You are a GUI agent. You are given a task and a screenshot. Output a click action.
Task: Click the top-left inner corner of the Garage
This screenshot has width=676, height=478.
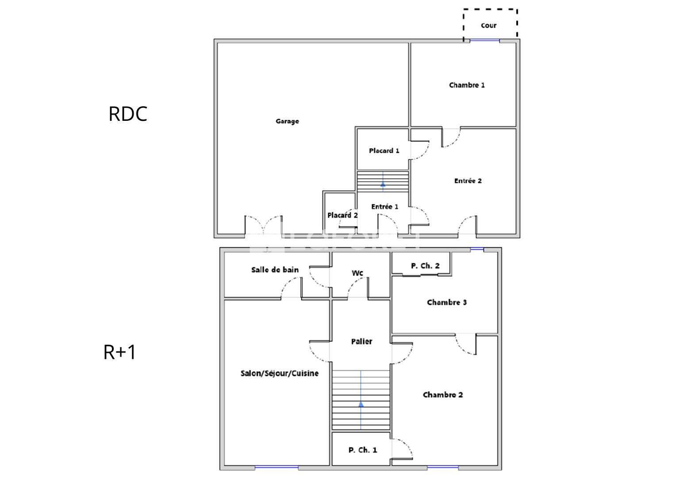[x=218, y=43]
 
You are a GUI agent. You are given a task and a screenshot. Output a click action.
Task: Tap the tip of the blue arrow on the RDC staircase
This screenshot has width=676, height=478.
[x=383, y=182]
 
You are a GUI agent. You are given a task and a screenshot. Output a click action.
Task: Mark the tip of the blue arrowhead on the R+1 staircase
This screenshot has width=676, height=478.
[x=361, y=401]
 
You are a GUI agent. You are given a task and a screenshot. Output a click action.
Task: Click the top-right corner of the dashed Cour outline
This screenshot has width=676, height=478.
[x=517, y=9]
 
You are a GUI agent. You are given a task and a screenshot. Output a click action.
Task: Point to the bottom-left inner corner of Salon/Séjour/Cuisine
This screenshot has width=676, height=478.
[x=225, y=465]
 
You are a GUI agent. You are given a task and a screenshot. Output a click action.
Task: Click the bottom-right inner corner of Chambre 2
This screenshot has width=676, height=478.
[x=497, y=465]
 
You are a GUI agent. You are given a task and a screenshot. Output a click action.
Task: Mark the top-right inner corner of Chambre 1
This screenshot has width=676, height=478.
[x=516, y=43]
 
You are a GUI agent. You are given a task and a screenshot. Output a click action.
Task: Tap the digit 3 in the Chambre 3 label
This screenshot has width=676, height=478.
[x=465, y=302]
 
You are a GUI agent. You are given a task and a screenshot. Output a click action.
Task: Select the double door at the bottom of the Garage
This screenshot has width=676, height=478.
[x=264, y=225]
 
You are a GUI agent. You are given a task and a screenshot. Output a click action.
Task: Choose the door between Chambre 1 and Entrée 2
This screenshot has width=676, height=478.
[x=451, y=138]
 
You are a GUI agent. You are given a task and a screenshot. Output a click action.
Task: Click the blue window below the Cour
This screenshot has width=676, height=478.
[x=485, y=40]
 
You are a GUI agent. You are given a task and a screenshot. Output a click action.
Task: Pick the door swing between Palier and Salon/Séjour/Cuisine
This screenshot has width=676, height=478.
[x=319, y=351]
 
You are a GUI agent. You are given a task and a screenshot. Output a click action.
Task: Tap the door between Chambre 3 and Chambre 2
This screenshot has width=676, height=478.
[x=466, y=344]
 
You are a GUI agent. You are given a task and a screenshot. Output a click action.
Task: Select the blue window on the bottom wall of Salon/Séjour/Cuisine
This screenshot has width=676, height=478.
[x=277, y=467]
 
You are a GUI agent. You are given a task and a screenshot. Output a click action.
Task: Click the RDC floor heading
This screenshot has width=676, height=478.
[x=128, y=114]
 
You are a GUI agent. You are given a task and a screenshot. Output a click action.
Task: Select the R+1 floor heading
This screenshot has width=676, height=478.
[x=119, y=352]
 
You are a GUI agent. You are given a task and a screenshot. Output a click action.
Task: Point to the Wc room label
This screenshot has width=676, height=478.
[x=357, y=273]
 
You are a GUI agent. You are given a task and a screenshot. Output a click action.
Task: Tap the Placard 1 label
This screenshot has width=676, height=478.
[x=384, y=150]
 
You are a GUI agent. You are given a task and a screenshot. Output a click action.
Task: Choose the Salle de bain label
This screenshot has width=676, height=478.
[x=275, y=270]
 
